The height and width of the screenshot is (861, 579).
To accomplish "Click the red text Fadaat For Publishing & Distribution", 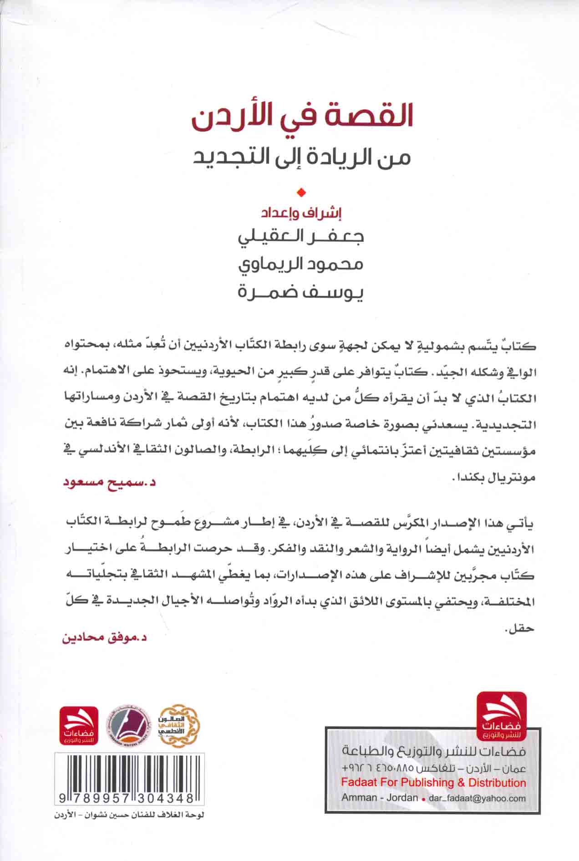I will click(x=433, y=783).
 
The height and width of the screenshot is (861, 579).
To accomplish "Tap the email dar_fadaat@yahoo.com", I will click(x=477, y=798).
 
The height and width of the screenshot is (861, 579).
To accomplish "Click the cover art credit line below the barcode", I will click(x=122, y=815).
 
